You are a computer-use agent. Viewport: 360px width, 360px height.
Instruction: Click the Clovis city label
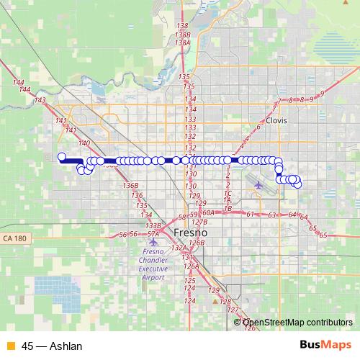pyautogui.click(x=276, y=121)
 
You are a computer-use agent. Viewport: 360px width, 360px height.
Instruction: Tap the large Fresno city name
pyautogui.click(x=191, y=233)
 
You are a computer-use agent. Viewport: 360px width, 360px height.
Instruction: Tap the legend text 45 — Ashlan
pyautogui.click(x=52, y=346)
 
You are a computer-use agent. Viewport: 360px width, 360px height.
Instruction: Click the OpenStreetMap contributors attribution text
pyautogui.click(x=298, y=324)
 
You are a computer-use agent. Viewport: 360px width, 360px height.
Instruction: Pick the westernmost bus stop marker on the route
pyautogui.click(x=62, y=157)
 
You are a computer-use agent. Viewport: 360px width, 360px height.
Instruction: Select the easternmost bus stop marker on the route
pyautogui.click(x=297, y=184)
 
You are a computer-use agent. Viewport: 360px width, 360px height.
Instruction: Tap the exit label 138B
pyautogui.click(x=183, y=35)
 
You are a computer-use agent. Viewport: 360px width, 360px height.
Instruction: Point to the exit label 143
pyautogui.click(x=40, y=100)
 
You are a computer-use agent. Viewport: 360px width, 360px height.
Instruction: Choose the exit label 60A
pyautogui.click(x=209, y=213)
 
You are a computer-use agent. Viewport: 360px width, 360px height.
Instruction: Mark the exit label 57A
pyautogui.click(x=153, y=234)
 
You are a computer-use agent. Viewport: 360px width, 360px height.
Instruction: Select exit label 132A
pyautogui.click(x=180, y=248)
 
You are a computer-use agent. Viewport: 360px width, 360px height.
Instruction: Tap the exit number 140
pyautogui.click(x=84, y=143)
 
